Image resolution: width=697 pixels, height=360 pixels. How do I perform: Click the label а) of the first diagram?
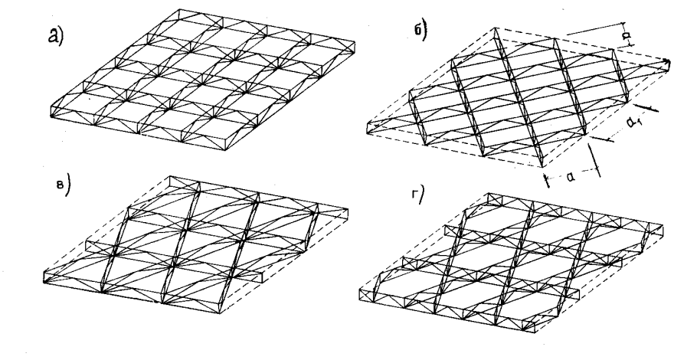56,35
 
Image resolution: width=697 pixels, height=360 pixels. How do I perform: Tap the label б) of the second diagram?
420,31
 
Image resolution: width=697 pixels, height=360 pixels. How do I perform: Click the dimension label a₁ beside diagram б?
635,123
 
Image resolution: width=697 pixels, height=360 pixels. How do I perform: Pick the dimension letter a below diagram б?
571,177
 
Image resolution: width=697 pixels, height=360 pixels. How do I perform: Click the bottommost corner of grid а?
225,150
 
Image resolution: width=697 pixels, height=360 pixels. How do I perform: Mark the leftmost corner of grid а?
51,116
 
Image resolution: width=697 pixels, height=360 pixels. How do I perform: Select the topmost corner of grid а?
179,9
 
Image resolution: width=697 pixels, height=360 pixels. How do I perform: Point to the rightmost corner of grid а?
355,43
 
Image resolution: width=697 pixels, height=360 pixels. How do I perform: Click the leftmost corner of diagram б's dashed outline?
367,133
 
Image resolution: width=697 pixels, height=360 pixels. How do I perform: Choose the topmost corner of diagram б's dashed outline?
496,28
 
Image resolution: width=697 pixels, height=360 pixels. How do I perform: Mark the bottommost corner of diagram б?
542,167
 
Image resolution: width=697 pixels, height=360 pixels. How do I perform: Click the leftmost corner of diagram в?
44,283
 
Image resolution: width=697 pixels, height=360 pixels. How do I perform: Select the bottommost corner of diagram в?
220,313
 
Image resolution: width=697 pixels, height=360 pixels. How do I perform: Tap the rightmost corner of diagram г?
663,226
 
